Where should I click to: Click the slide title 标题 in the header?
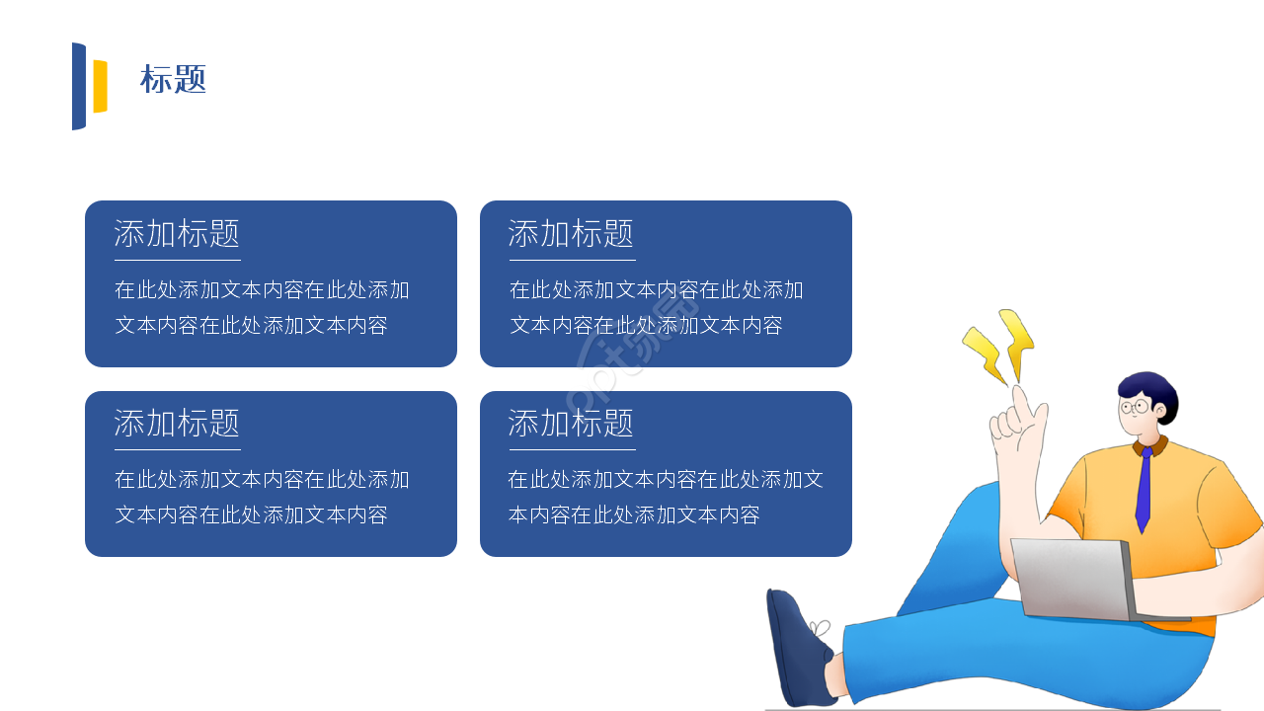pos(173,80)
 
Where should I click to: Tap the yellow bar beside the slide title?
pos(100,87)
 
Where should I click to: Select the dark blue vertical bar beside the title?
pos(79,87)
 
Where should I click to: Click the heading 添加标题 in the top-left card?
pos(177,234)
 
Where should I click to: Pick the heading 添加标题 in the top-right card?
pos(571,234)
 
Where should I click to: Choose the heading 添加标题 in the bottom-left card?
pos(177,424)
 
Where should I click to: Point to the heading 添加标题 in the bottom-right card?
pos(571,424)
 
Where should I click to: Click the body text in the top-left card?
pos(262,307)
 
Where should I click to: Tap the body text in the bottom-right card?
pos(665,497)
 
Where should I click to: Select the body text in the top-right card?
pos(656,307)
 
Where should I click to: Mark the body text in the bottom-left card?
pos(262,497)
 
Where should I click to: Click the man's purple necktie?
pos(1144,490)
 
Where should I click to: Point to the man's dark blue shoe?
pos(798,648)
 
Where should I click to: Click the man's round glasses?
pos(1136,406)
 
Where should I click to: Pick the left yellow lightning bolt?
pos(985,355)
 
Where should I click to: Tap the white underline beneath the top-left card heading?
pos(177,260)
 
